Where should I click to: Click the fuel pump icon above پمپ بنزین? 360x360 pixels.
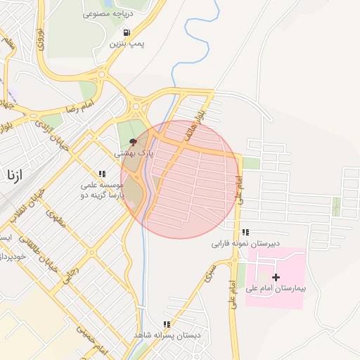point(126,32)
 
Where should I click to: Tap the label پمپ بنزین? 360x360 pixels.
point(127,44)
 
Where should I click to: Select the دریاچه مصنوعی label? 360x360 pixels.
point(108,13)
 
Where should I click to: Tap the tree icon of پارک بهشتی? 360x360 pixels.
point(134,142)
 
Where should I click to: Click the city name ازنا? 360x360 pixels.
point(15,174)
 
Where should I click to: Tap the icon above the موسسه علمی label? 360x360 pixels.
point(102,174)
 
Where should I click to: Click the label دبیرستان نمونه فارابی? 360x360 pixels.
point(246,244)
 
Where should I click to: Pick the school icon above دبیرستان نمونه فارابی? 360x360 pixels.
point(245,232)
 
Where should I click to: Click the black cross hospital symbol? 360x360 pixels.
point(276,277)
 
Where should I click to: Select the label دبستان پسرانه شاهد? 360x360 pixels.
point(167,335)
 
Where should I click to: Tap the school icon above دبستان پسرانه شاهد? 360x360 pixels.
point(167,324)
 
